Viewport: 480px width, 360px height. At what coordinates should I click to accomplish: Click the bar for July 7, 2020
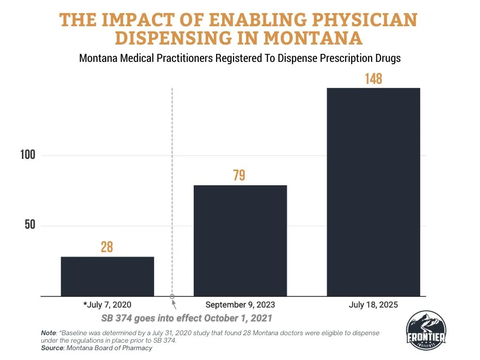click(107, 277)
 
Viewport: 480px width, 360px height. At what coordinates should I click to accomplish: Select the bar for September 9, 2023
click(240, 241)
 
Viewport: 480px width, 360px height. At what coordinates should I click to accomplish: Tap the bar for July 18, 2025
click(373, 192)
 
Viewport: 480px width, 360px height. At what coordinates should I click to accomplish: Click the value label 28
click(107, 247)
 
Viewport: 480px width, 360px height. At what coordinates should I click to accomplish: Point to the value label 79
click(239, 175)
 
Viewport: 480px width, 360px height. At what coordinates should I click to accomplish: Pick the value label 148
click(374, 78)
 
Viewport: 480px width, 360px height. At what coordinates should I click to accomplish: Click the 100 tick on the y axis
click(28, 155)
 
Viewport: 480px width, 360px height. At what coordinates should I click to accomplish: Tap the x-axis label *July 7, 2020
click(107, 305)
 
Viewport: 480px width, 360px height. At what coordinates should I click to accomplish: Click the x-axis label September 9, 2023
click(240, 305)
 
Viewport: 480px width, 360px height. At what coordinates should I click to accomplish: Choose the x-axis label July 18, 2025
click(373, 305)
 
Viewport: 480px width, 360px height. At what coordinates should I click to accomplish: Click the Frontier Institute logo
click(427, 330)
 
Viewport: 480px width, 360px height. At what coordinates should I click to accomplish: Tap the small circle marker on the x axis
click(172, 297)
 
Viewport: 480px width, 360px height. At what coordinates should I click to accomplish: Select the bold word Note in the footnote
click(48, 332)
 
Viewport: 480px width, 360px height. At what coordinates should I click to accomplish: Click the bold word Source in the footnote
click(52, 348)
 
